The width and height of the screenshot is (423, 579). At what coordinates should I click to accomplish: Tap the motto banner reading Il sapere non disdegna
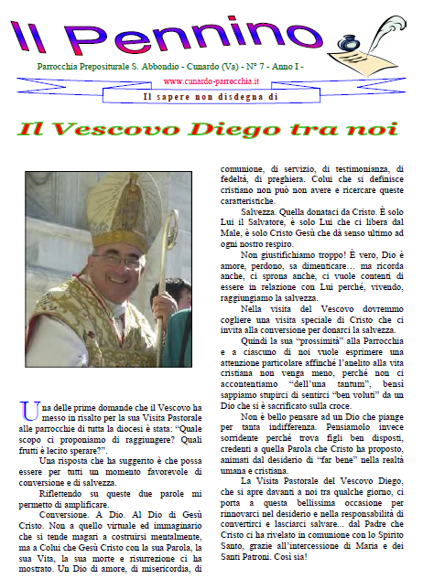point(210,95)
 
